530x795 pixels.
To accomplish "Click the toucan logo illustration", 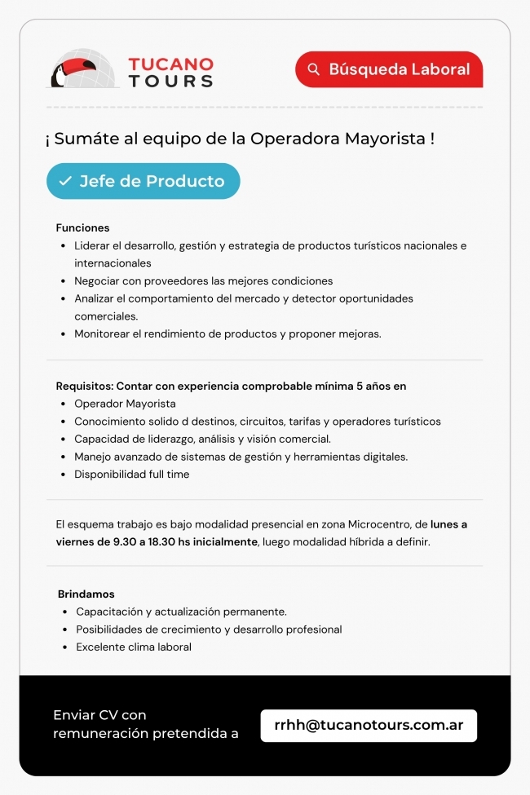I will point(82,68).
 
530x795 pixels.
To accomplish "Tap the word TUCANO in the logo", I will point(170,64).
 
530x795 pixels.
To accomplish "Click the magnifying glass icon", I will point(314,69).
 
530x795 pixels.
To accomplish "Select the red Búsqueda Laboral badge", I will point(389,69).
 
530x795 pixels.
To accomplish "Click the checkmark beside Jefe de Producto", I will point(65,181).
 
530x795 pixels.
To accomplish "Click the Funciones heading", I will point(82,227).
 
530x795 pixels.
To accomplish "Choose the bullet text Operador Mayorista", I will point(125,404).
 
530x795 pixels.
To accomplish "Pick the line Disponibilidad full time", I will point(131,474).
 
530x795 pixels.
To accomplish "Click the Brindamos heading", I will point(86,594).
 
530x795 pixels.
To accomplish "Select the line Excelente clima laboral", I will point(134,647).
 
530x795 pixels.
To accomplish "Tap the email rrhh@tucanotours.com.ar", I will point(369,725).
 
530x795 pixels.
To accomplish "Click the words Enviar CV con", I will point(99,715).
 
